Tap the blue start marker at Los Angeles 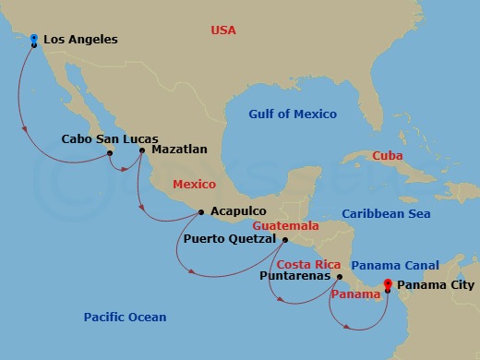pyautogui.click(x=34, y=39)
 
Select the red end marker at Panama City pyautogui.click(x=388, y=284)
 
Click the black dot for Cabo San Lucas pyautogui.click(x=110, y=153)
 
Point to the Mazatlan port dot pyautogui.click(x=141, y=150)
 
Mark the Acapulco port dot pyautogui.click(x=201, y=213)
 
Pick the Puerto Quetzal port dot pyautogui.click(x=284, y=240)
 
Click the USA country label pyautogui.click(x=223, y=30)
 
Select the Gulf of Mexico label pyautogui.click(x=293, y=114)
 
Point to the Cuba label pyautogui.click(x=387, y=156)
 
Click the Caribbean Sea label pyautogui.click(x=387, y=214)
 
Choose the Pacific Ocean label pyautogui.click(x=125, y=318)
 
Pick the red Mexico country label pyautogui.click(x=194, y=184)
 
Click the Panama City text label pyautogui.click(x=436, y=285)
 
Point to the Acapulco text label pyautogui.click(x=239, y=211)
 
